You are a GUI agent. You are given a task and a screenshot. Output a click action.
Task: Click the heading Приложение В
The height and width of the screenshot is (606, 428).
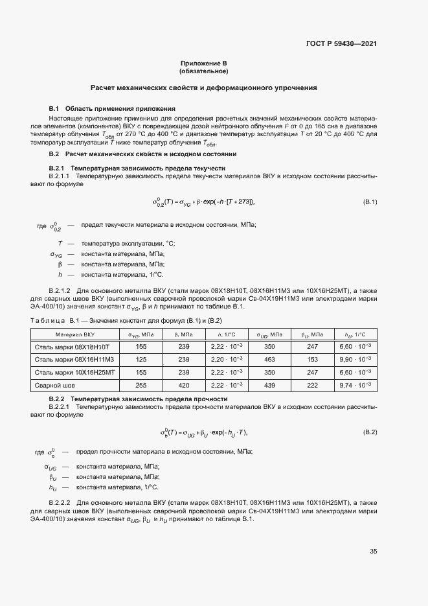click(x=203, y=64)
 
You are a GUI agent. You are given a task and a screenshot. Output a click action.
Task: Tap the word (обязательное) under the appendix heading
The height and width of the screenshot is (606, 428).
click(x=203, y=71)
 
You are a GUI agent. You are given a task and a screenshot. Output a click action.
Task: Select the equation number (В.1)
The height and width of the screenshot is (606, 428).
click(x=369, y=202)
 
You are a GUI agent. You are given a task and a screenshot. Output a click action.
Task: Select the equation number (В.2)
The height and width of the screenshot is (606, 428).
click(x=369, y=432)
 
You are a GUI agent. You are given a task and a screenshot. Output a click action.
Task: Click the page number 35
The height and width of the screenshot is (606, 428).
click(x=373, y=552)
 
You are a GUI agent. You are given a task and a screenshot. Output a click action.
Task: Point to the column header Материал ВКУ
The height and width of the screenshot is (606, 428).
click(x=75, y=334)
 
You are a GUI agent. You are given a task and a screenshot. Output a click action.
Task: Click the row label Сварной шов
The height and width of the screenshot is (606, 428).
click(x=55, y=384)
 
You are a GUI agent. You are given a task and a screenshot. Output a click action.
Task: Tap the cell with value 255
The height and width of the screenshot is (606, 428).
click(x=141, y=384)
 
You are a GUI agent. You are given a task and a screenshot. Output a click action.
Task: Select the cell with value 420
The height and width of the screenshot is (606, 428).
click(x=183, y=384)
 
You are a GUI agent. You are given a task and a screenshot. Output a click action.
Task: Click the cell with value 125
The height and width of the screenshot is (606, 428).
click(x=141, y=359)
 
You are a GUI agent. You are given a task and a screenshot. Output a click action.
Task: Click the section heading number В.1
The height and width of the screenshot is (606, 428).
click(x=54, y=108)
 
